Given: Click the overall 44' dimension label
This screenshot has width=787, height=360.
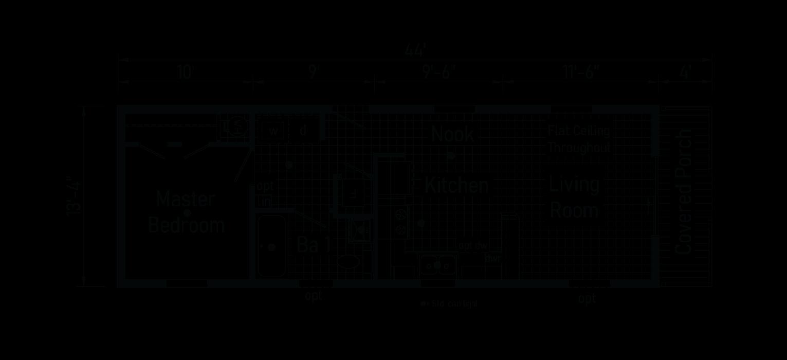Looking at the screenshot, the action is pos(415,51).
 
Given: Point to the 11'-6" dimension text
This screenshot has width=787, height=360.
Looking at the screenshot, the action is pos(581,72).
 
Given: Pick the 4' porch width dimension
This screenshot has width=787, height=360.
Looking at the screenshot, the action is pos(685,72).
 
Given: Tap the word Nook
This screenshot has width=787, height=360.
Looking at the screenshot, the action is pos(452,134).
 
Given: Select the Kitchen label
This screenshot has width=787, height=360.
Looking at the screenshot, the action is pos(456,185).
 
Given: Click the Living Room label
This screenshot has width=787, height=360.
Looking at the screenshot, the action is pos(575,197).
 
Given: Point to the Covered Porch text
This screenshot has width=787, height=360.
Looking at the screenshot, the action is pos(684,192).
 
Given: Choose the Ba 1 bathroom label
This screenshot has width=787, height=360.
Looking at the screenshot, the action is pos(314,245).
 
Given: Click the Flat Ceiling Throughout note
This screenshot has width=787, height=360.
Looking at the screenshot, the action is pos(579,139).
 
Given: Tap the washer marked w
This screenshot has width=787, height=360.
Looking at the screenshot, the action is pos(273,131).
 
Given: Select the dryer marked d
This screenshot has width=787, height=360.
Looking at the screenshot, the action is pos(303,131).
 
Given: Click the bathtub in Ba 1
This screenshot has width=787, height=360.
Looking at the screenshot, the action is pos(271,247).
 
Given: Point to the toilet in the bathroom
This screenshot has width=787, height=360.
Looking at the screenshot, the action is pos(349,261).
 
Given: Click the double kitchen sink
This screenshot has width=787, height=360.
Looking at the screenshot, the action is pos(437,265).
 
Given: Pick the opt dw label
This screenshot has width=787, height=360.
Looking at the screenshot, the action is pos(473,246).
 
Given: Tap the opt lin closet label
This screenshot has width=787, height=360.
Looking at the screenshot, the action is pos(265,194).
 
